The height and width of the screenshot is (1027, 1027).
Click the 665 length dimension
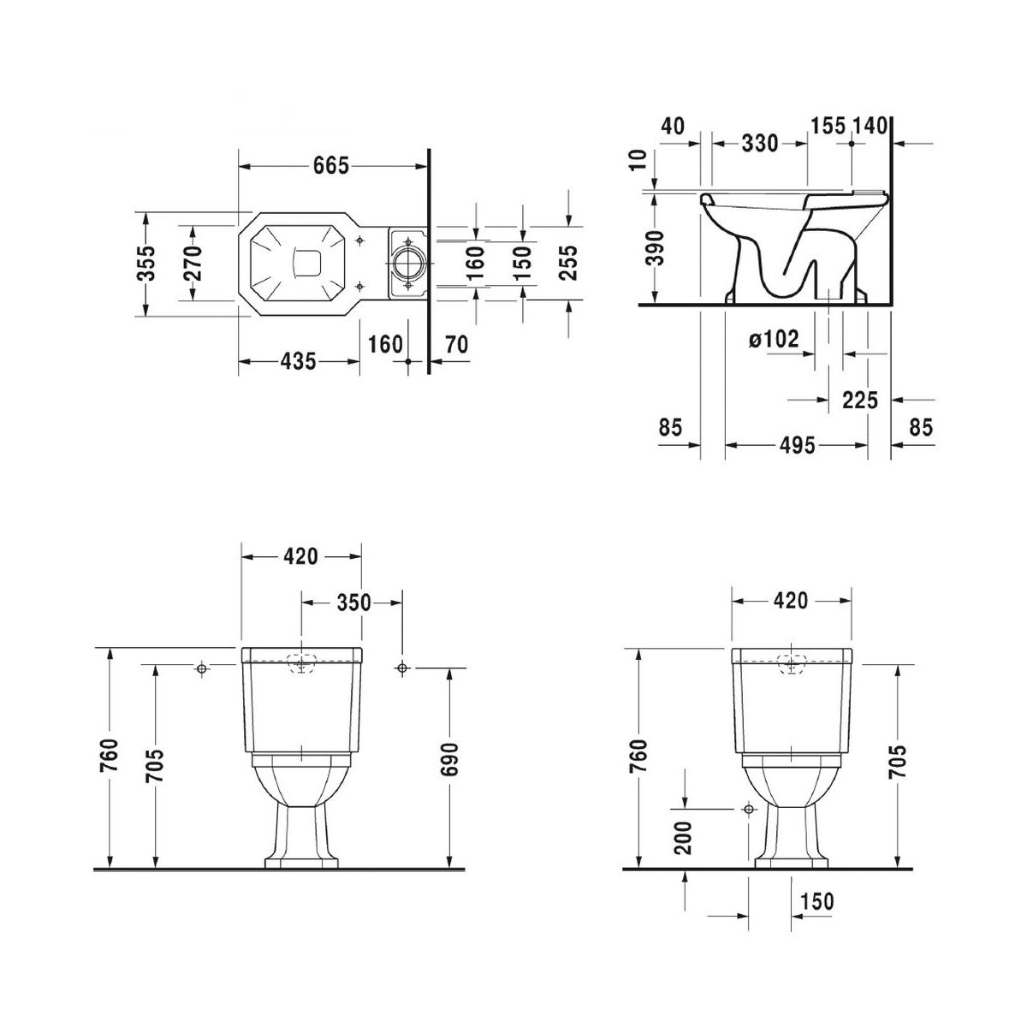[330, 166]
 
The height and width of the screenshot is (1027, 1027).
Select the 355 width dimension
[145, 264]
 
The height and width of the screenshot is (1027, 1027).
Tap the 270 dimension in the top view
[193, 264]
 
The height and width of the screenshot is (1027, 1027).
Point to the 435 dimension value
[299, 361]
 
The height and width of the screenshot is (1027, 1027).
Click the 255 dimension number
[568, 264]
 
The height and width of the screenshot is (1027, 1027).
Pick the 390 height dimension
[655, 248]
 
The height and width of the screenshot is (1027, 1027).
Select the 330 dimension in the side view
[760, 144]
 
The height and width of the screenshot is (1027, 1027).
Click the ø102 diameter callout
[774, 339]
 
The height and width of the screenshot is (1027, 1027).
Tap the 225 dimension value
[860, 400]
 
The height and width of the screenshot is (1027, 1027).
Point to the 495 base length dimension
[798, 445]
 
